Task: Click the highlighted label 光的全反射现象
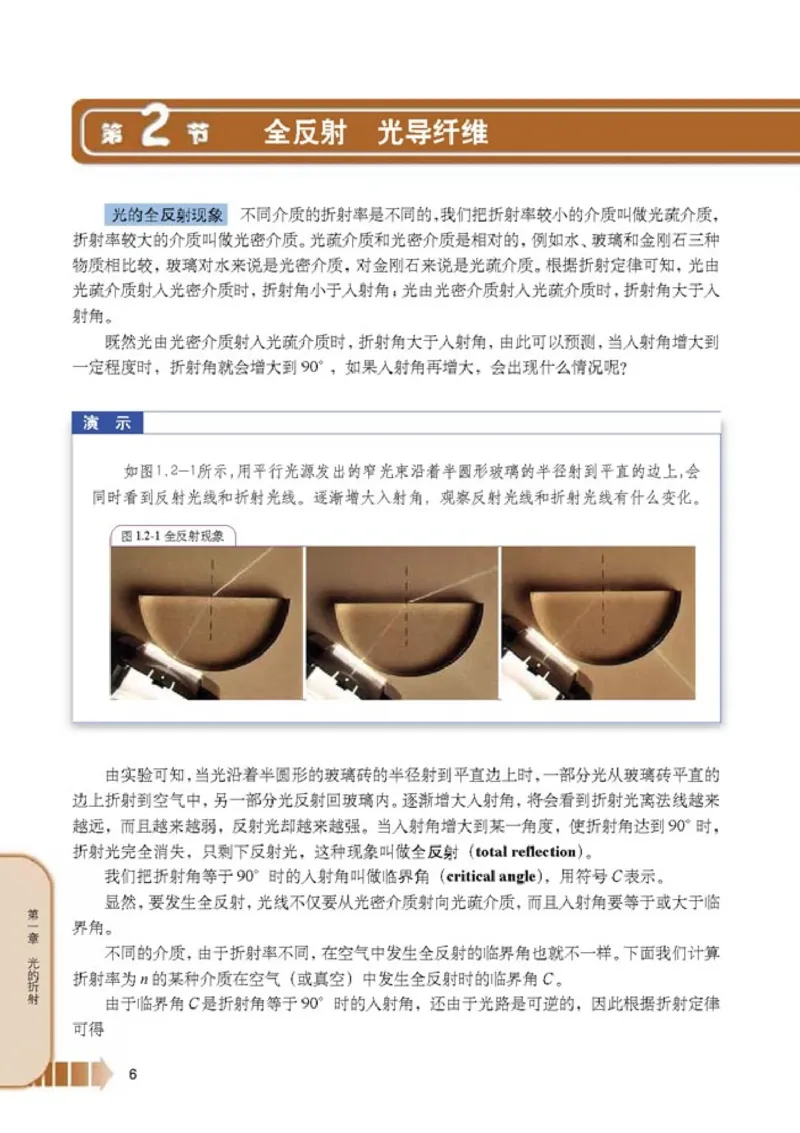pyautogui.click(x=167, y=214)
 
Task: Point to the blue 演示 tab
pyautogui.click(x=107, y=422)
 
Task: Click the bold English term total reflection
pyautogui.click(x=527, y=852)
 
